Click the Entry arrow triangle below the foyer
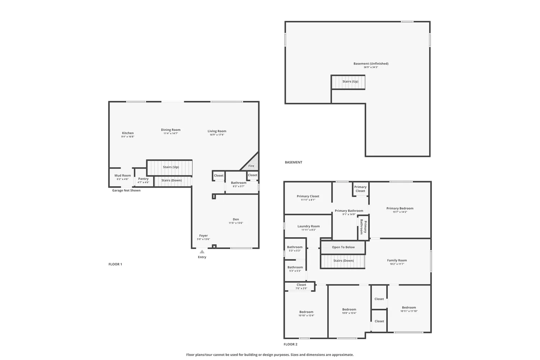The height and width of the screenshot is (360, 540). [x=202, y=252]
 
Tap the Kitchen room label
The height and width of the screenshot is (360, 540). [x=128, y=133]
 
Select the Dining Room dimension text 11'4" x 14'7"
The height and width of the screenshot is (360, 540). [x=171, y=134]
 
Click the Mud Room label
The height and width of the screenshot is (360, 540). [x=123, y=176]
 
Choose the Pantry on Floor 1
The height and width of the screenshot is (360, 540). [x=143, y=179]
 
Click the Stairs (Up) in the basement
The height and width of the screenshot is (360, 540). [x=350, y=81]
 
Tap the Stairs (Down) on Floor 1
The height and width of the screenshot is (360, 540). [x=171, y=180]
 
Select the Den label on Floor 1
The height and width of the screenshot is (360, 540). [x=236, y=219]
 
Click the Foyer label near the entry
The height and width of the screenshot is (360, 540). [x=203, y=236]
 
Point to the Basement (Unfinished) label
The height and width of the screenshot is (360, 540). [x=371, y=64]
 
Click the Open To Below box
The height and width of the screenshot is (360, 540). [x=343, y=247]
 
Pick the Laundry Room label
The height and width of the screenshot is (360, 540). [x=309, y=226]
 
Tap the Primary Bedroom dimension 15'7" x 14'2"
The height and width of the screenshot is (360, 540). [x=400, y=212]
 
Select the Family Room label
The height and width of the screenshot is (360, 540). [x=397, y=260]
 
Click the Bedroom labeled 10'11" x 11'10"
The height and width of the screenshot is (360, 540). [x=409, y=308]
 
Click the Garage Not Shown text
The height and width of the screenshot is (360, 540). [x=126, y=190]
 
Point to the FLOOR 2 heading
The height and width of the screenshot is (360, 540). [x=291, y=345]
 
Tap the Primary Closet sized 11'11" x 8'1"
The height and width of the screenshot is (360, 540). [x=308, y=197]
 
